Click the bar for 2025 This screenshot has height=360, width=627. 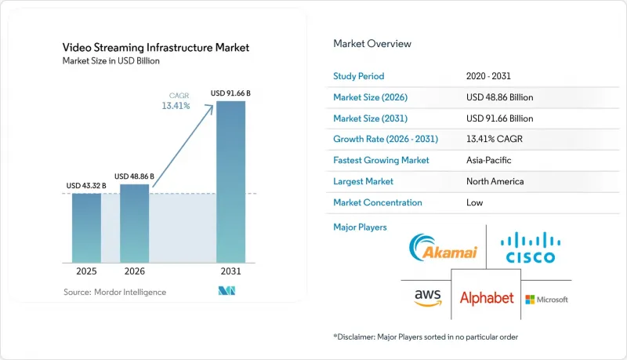[86, 228]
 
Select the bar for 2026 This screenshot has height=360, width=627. [134, 224]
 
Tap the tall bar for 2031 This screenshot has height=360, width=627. [230, 182]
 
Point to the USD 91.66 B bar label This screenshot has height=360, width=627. [230, 93]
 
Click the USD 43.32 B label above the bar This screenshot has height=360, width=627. [86, 186]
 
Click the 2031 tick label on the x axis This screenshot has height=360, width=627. [230, 271]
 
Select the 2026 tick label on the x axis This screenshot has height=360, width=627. [134, 271]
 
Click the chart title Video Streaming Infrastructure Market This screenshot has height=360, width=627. [155, 48]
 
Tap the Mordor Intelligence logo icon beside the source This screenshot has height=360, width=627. [227, 291]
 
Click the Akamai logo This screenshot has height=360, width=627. [444, 247]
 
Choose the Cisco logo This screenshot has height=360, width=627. [531, 248]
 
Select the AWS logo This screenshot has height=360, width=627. [428, 297]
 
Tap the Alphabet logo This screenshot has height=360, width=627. [487, 298]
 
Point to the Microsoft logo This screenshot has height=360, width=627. [546, 300]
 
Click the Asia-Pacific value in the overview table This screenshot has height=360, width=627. [488, 160]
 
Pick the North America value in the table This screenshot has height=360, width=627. [495, 181]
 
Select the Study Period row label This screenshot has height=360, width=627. [359, 76]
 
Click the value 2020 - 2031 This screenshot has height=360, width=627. [488, 76]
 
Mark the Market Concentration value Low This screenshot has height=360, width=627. [475, 202]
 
